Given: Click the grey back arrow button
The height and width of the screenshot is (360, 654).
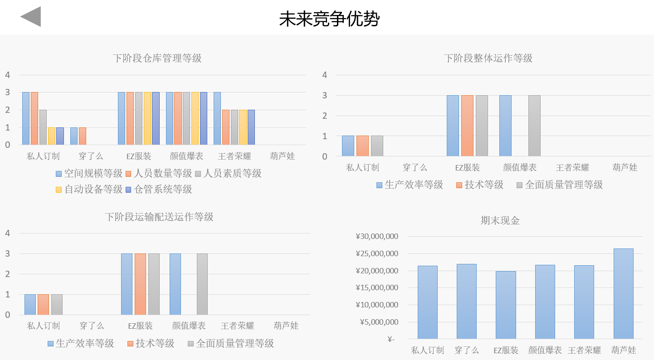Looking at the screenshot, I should pos(31,17).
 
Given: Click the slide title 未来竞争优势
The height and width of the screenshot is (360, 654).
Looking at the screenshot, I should pos(329,19).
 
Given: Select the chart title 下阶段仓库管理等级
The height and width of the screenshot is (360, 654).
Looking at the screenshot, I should pos(157,58).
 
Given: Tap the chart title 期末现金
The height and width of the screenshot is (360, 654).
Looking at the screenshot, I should pos(500,220).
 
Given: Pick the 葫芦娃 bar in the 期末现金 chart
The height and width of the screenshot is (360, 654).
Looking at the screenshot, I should pos(623,293).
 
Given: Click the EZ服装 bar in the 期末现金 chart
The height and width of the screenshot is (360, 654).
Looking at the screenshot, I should pos(506,305).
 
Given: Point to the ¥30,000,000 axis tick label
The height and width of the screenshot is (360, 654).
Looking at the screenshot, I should pos(377,236).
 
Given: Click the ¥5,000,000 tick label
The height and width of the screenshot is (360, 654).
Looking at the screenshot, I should pos(379,322).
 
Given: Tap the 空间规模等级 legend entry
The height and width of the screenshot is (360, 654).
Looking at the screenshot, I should pos(89,173).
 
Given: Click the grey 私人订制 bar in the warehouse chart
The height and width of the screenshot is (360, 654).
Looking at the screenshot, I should pos(43,127).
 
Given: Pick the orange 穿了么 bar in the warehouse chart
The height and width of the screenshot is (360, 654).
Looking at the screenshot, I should pos(83,136).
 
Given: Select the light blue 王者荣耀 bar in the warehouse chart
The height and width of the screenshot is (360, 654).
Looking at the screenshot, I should pos(217,118).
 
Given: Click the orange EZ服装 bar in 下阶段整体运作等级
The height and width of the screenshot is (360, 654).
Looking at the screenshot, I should pos(467,126).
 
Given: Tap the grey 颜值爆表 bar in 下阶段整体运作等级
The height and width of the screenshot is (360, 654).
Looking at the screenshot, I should pos(534,126).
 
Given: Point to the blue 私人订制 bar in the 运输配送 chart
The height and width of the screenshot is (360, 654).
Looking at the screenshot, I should pos(30,304).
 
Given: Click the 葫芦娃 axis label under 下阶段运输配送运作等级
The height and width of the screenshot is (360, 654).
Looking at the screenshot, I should pos(286,326).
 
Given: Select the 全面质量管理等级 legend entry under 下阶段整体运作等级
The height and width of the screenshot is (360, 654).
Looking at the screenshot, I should pos(560,185).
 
